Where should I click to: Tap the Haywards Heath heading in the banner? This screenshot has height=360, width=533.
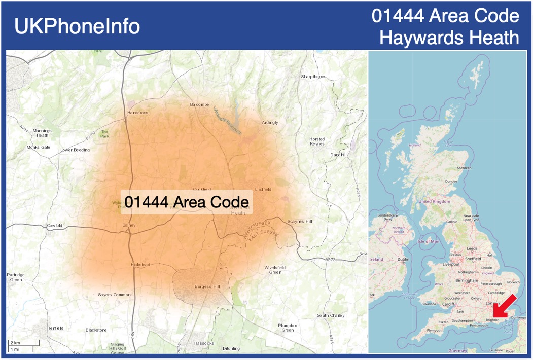tap(449, 38)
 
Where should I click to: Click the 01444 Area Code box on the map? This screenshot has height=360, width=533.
tap(187, 202)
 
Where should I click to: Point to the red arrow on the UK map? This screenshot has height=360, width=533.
tap(506, 306)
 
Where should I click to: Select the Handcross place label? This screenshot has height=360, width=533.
tap(137, 113)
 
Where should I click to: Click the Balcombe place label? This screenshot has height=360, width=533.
tap(199, 104)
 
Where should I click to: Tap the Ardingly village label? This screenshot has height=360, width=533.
tap(270, 122)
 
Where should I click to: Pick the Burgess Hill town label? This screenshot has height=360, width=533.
tap(207, 287)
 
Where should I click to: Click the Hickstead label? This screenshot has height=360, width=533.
tap(141, 265)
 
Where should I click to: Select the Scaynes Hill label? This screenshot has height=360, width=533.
tap(300, 222)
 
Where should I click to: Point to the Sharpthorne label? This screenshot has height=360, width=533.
tap(312, 77)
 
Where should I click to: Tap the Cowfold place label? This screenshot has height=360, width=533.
tap(54, 225)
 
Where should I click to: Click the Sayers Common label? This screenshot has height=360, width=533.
tap(114, 295)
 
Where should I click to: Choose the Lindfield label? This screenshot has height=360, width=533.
tap(263, 189)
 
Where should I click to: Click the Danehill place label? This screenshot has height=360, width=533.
tap(338, 155)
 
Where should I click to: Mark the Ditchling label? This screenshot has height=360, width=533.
tap(231, 348)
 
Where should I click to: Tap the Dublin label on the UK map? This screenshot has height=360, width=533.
tap(404, 260)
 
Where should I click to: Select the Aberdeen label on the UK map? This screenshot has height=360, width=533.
tap(464, 168)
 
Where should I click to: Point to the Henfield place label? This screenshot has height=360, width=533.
tap(55, 328)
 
